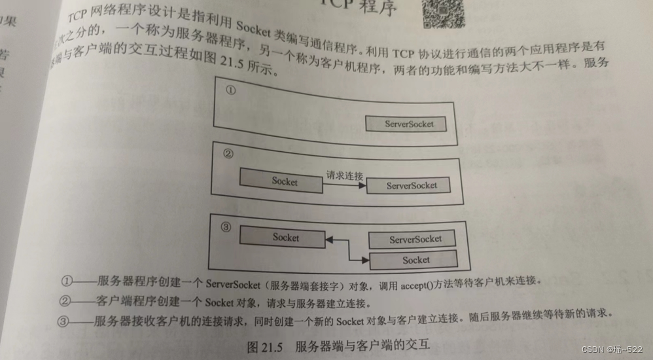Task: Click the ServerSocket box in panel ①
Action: tap(408, 124)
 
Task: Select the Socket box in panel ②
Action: tap(281, 180)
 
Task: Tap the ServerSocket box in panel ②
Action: tap(410, 185)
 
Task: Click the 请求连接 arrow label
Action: tap(345, 175)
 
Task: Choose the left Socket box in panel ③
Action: tap(282, 238)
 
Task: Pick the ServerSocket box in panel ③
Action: tap(415, 240)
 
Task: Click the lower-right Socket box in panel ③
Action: tap(415, 260)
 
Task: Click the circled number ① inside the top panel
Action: tap(230, 91)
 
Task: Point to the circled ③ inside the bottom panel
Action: tap(226, 227)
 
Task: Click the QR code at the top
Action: tap(442, 13)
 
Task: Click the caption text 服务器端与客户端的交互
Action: tap(362, 346)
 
